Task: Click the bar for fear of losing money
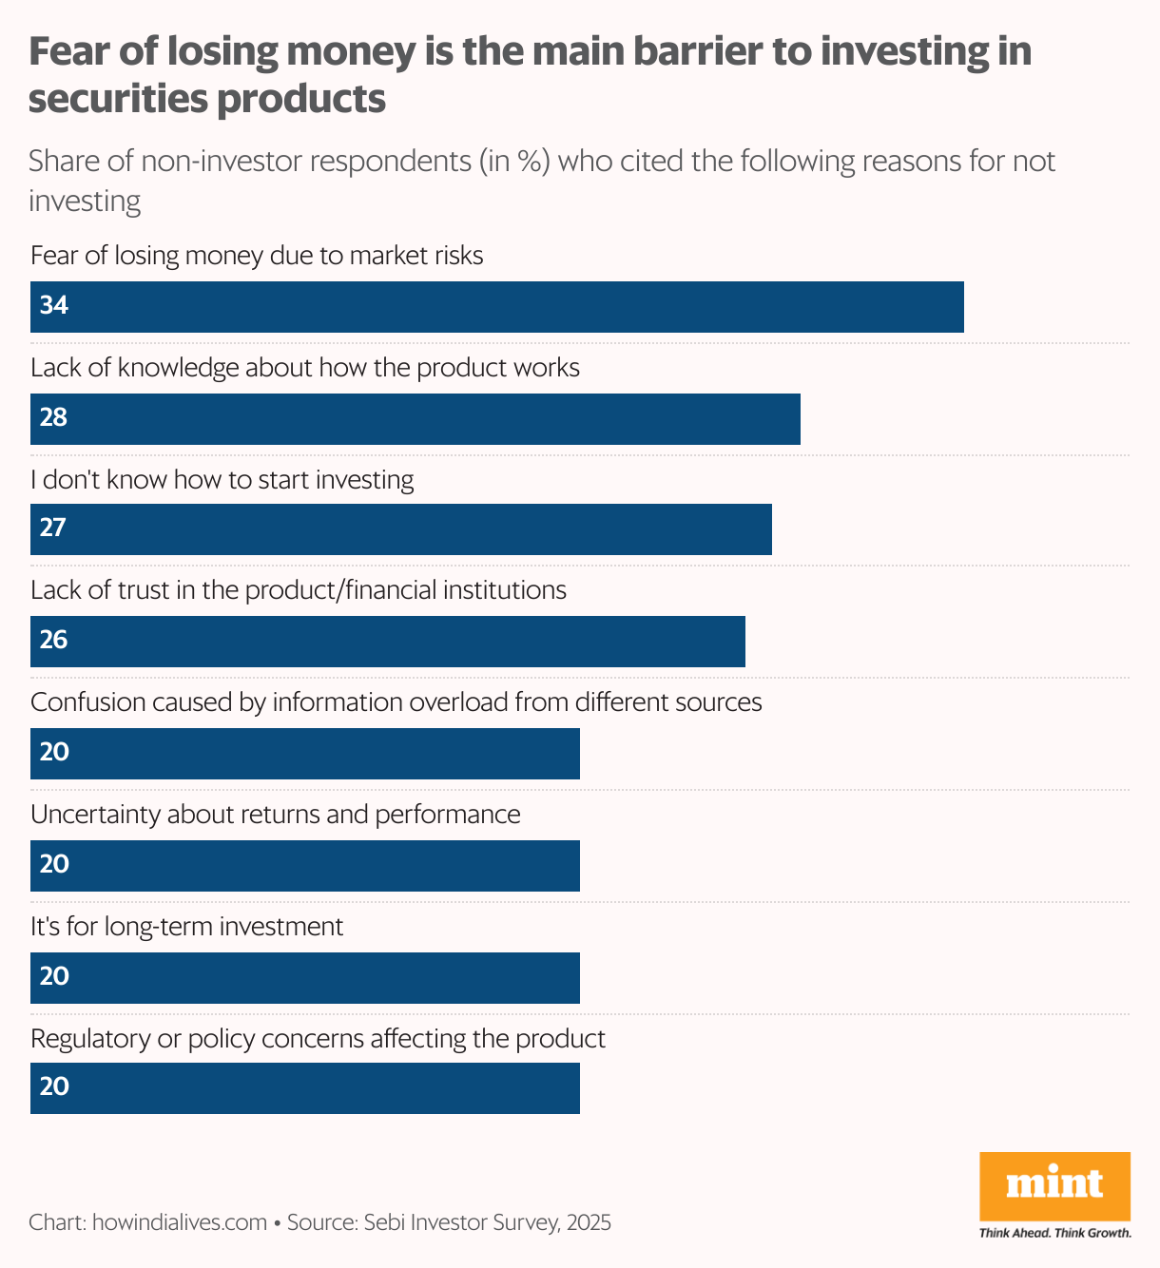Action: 496,307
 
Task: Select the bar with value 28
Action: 415,419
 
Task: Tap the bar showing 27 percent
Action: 400,529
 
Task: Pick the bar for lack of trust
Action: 387,642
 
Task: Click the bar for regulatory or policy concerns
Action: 304,1088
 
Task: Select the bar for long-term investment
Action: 304,978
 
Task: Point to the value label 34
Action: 54,306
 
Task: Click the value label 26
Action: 54,641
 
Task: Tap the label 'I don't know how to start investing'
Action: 222,480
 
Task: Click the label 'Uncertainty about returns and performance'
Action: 275,815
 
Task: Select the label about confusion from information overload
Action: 396,702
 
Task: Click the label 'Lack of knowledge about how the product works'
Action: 304,368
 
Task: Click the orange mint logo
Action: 1054,1185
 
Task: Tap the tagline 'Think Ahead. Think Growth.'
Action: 1054,1234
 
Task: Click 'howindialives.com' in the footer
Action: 179,1222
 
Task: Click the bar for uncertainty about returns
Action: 304,866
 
